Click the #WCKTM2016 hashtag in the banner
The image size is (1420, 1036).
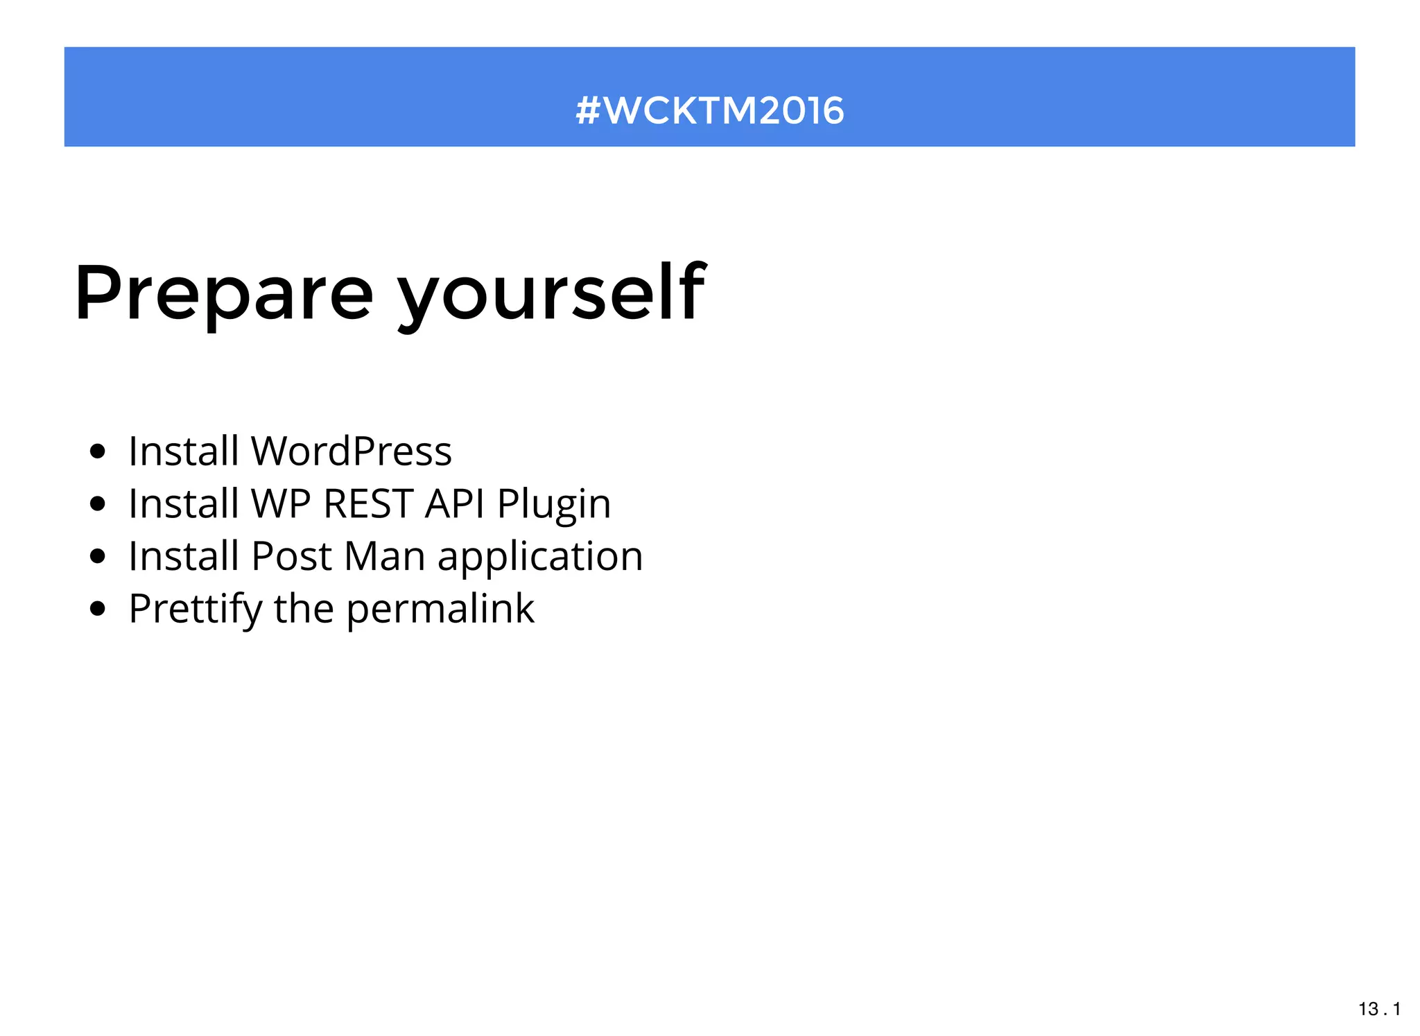(x=709, y=110)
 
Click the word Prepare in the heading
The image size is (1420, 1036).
(x=223, y=294)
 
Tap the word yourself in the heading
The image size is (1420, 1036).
(x=551, y=294)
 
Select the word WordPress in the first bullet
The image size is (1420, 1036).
(x=351, y=451)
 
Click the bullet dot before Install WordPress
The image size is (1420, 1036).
(x=98, y=452)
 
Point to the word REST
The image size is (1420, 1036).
(x=368, y=503)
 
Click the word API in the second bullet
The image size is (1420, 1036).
(x=454, y=503)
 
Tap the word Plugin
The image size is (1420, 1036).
(x=554, y=505)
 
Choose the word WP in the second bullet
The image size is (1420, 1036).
(x=280, y=503)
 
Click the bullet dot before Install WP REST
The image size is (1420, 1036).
(x=98, y=504)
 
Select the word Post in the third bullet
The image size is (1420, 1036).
(x=291, y=556)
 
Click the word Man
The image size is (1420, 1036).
(x=384, y=556)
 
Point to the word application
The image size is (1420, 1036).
(x=540, y=558)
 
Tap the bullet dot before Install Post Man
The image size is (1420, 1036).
(x=98, y=556)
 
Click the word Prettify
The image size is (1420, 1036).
(x=196, y=610)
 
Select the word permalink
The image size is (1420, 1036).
(x=440, y=610)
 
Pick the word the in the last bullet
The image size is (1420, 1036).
(x=304, y=609)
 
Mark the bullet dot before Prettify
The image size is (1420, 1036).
(x=98, y=609)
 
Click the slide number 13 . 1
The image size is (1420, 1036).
(x=1379, y=1009)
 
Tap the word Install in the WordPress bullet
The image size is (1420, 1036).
(x=184, y=451)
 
